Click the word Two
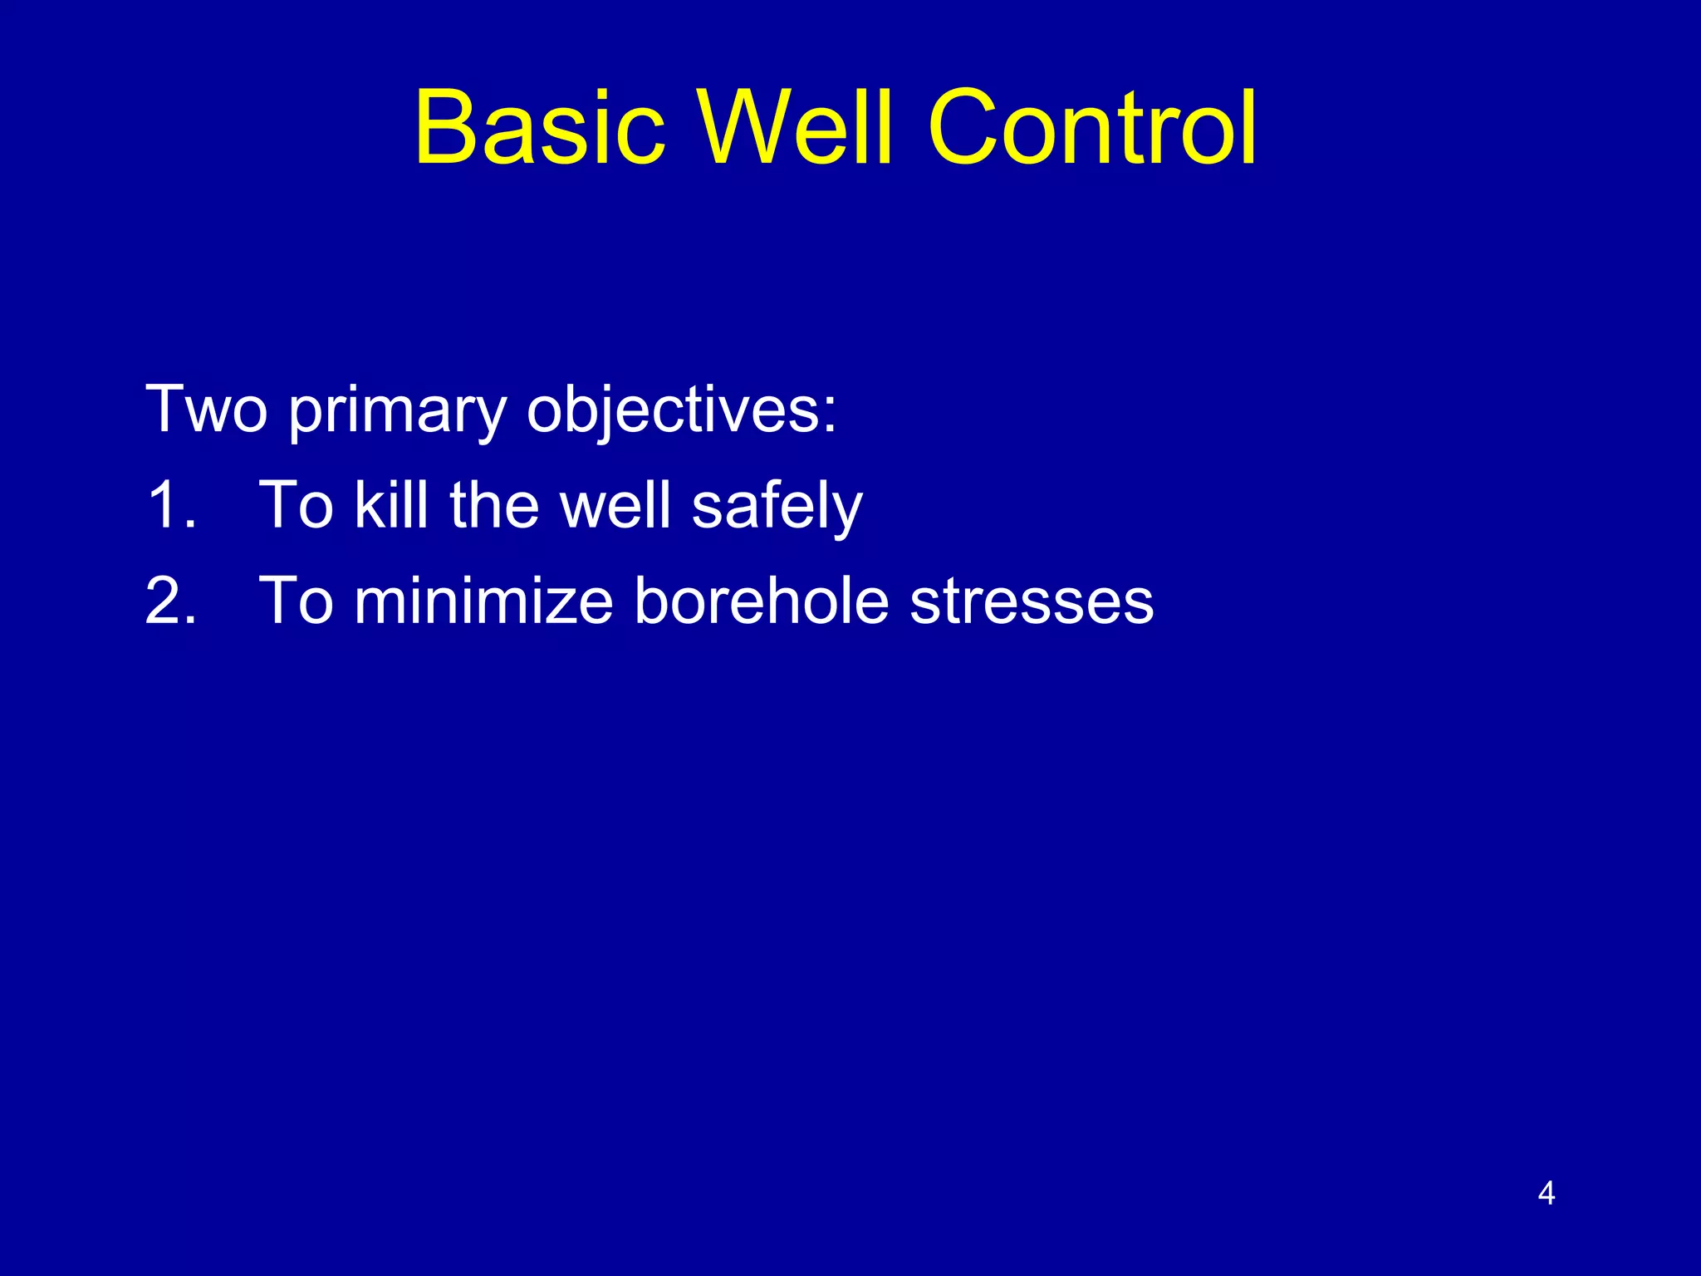(206, 409)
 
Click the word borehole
(762, 601)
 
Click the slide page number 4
(1546, 1193)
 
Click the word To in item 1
(297, 505)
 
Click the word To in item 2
(297, 601)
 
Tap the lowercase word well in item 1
(615, 505)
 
